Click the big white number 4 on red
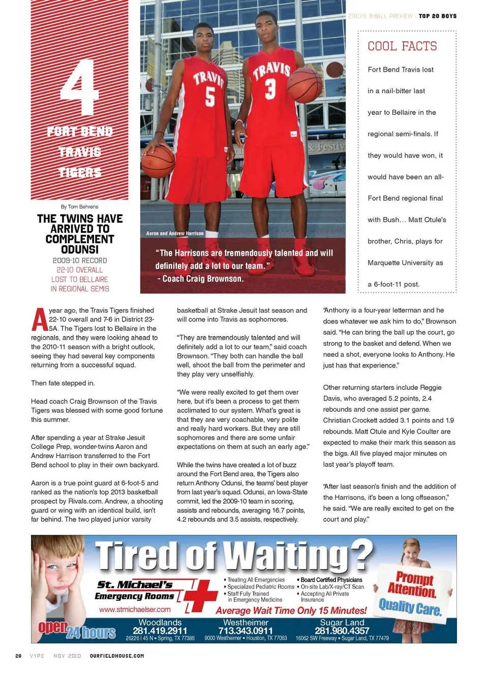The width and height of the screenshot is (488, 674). [x=79, y=87]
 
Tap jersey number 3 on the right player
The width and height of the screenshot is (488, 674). [x=270, y=88]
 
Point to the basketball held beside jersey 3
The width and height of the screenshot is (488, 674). [x=304, y=85]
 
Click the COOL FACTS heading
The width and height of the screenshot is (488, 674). [x=402, y=46]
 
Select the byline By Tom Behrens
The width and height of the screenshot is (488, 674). [x=79, y=207]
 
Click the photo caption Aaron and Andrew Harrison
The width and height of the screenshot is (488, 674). [x=175, y=233]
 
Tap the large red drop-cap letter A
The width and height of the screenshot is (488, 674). [x=39, y=319]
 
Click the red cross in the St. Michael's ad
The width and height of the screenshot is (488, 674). [x=202, y=595]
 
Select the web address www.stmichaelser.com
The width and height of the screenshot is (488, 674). [x=135, y=609]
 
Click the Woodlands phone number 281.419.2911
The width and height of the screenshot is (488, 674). [x=160, y=631]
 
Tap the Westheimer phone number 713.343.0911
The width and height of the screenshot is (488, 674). [x=246, y=631]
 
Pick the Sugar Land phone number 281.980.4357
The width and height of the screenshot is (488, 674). [x=342, y=631]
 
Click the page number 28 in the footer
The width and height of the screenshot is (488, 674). [x=18, y=656]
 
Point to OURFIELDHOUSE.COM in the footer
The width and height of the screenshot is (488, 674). [x=117, y=656]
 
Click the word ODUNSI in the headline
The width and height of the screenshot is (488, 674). [x=80, y=250]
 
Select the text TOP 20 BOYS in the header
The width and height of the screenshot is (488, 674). [x=438, y=16]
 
